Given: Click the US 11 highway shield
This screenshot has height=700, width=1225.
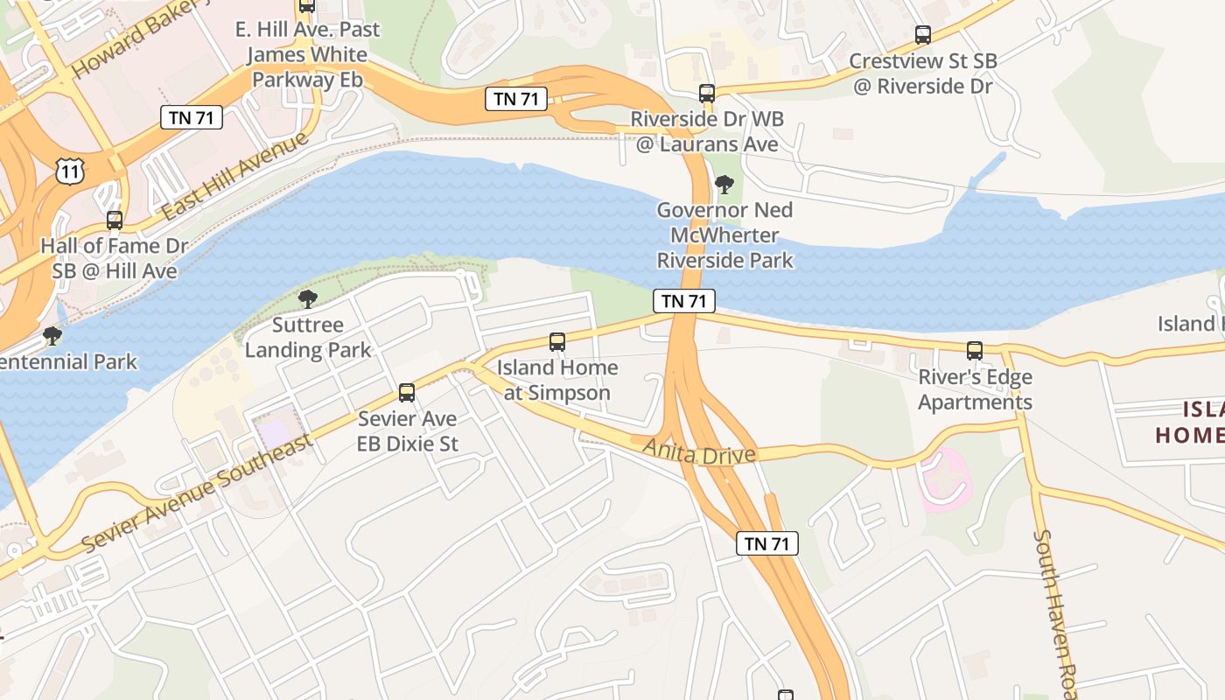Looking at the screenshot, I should pos(70,171).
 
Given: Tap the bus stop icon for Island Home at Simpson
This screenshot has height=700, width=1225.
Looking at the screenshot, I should pos(557,342).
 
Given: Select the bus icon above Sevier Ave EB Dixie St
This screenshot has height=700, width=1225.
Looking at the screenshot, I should pos(407,393).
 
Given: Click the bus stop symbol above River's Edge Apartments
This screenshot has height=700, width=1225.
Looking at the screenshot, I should pos(975,351).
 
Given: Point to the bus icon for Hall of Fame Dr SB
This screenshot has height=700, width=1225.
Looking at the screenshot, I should pos(115,220).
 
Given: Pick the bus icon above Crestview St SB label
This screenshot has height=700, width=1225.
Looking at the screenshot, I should pos(923,35).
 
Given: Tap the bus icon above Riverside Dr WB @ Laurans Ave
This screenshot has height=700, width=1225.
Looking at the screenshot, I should pos(707,93).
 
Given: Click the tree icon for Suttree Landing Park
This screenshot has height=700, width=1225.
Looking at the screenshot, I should pos(308,299).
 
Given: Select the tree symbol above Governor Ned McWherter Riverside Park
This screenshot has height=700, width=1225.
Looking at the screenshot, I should pos(724,184).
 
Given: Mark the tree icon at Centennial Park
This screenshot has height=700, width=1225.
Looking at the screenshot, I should pos(52,335).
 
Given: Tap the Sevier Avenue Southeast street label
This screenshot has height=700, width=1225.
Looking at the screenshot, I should pos(198,493).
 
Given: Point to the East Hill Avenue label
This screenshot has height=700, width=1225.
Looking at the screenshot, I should pos(236,176).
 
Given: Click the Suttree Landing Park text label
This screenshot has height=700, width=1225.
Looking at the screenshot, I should pos(308,338).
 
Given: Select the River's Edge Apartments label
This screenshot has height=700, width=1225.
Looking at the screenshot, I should pos(975,390).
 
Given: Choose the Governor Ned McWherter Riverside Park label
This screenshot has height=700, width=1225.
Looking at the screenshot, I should pos(724,235).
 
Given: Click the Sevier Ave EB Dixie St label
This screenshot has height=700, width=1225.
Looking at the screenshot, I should pos(407,431).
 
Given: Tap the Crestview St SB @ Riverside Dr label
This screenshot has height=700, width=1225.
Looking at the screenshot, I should pos(923,73).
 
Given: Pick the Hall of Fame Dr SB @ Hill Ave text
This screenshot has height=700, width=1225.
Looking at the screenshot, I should pos(115,258).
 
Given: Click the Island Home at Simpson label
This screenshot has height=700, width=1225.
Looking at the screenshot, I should pos(557,380).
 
